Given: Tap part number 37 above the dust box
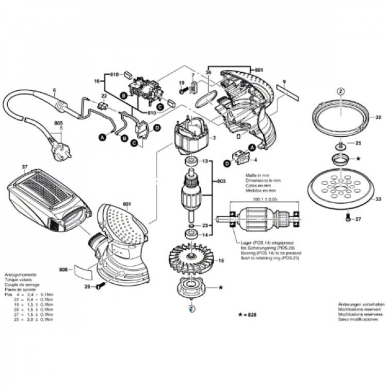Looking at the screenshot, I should (24, 167).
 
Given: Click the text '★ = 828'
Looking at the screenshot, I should (247, 314).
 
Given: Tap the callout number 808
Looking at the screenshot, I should (63, 268).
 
